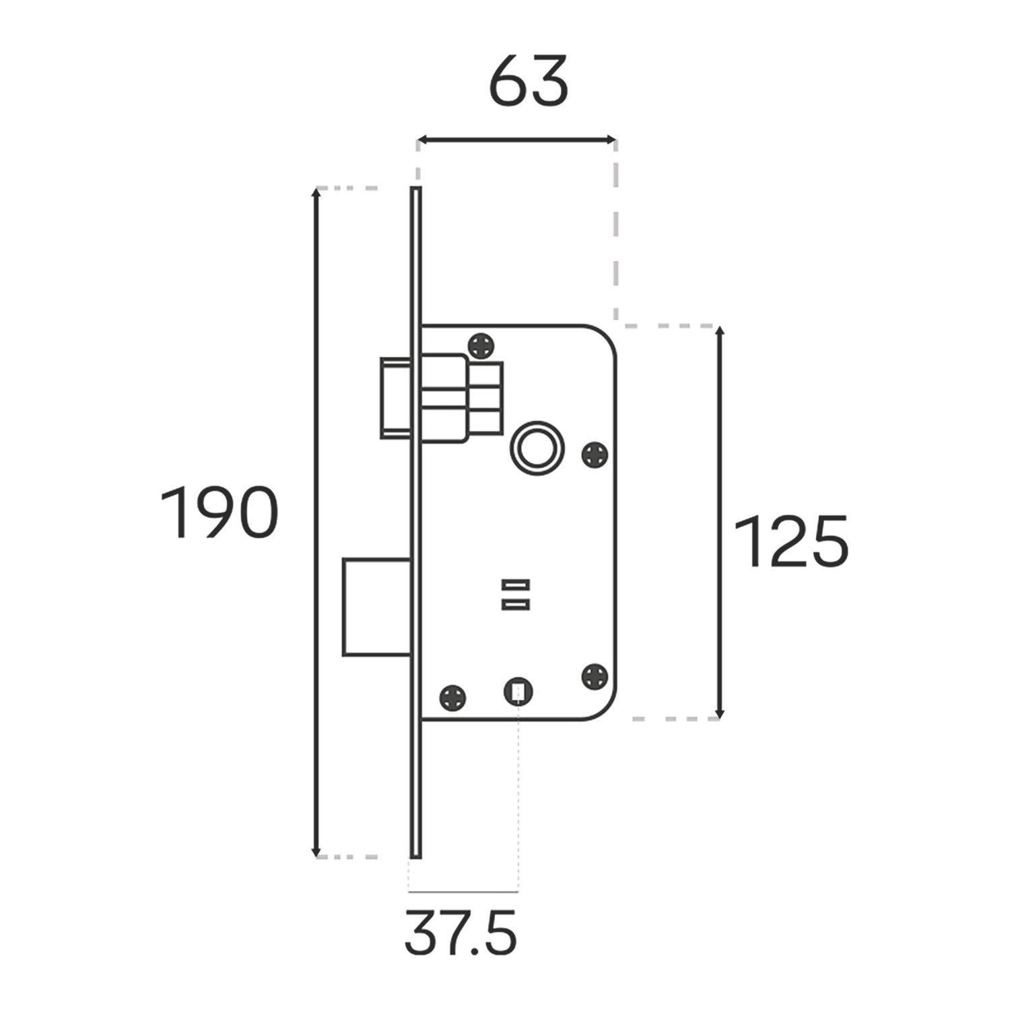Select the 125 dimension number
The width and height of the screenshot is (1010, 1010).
tap(790, 542)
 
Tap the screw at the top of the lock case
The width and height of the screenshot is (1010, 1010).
tap(483, 347)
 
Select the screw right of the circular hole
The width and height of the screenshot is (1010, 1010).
tap(595, 454)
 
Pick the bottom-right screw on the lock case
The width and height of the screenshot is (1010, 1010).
tap(595, 676)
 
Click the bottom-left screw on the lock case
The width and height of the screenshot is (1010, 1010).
tap(452, 697)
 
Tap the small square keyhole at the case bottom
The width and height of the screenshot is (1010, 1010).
tap(518, 691)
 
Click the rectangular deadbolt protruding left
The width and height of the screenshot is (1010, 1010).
tap(376, 606)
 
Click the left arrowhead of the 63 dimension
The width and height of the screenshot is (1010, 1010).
tap(422, 140)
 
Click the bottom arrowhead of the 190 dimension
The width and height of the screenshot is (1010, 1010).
tap(316, 851)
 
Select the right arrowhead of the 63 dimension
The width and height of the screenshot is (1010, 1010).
tap(611, 140)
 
